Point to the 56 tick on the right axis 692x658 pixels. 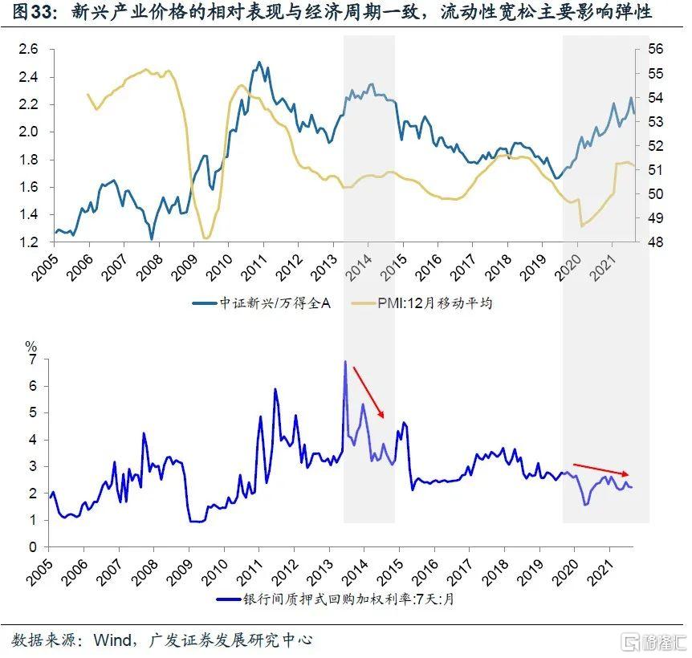coord(655,50)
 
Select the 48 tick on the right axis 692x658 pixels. coord(655,242)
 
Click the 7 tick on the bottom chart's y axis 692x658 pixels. coord(33,359)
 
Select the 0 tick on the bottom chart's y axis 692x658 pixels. coord(33,547)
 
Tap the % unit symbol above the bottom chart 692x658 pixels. coord(31,346)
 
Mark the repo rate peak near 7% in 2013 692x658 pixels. coord(345,362)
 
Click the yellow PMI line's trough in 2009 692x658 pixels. coord(206,238)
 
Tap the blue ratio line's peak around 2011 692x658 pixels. coord(258,63)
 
